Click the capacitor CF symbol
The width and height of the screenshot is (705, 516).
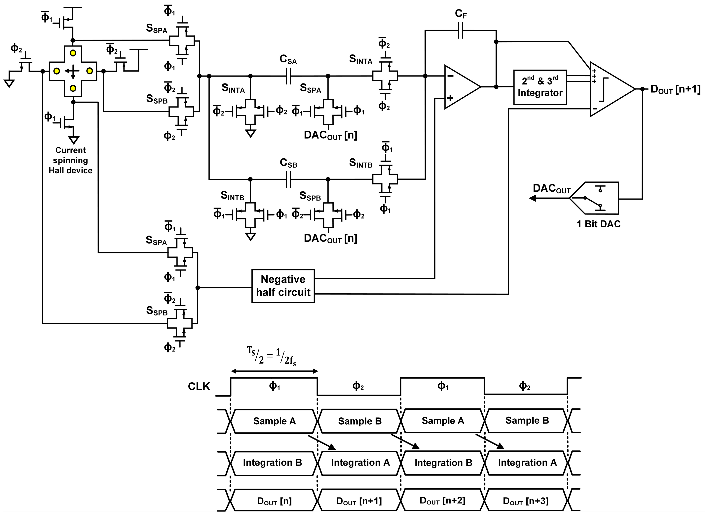point(460,30)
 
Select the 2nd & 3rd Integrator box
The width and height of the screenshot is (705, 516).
point(540,87)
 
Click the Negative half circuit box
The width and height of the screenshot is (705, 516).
point(283,286)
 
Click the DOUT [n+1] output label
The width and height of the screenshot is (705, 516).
point(675,89)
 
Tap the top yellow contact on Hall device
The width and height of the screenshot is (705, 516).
point(73,53)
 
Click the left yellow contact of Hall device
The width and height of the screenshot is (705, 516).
point(56,71)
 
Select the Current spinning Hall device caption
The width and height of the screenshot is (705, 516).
point(71,160)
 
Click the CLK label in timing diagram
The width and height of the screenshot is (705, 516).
point(199,387)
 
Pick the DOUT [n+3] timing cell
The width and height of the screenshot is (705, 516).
point(526,501)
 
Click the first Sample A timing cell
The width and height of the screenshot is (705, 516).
point(274,421)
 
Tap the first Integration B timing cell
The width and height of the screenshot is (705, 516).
point(272,463)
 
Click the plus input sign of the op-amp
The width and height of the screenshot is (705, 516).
point(450,98)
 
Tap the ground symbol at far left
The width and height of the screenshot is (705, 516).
point(9,83)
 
